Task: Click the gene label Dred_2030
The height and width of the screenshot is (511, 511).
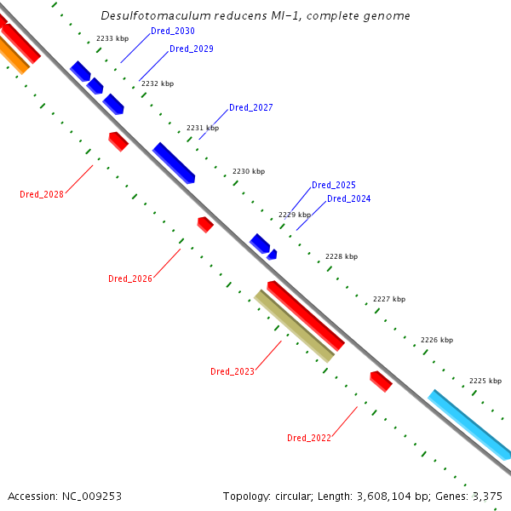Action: point(172,31)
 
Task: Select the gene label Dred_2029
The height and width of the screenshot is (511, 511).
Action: point(191,49)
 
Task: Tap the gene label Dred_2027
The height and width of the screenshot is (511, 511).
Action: point(250,107)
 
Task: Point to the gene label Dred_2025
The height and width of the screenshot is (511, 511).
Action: point(333,185)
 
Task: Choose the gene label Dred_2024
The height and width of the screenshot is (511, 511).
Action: point(348,198)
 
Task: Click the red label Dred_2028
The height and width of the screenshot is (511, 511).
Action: point(42,194)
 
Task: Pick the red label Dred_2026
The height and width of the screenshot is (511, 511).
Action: point(129,278)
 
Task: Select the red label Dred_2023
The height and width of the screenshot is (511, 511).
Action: point(232,371)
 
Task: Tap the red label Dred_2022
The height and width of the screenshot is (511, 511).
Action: point(308,438)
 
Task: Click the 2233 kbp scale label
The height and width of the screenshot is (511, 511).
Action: point(112,39)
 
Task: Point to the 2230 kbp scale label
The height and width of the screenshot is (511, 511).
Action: point(248,172)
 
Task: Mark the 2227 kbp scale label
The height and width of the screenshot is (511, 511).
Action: point(389,299)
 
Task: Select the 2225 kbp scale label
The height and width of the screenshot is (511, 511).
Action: point(485,381)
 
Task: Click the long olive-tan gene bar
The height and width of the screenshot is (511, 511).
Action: point(294,326)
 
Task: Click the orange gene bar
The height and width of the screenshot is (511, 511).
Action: point(12,55)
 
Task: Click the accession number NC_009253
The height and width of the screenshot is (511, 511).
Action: point(89,496)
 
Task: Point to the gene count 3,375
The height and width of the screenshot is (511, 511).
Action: point(486,496)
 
